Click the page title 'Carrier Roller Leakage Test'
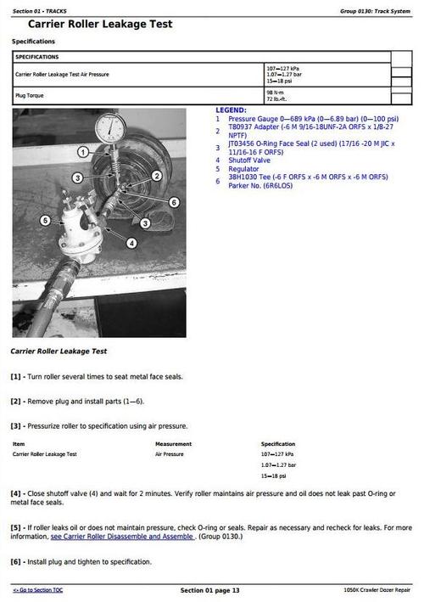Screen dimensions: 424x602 pos(99,25)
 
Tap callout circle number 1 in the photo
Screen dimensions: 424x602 pos(83,152)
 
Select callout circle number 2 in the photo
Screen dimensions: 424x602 pos(157,175)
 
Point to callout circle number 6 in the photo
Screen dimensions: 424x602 pos(174,202)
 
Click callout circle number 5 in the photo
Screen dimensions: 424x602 pos(45,221)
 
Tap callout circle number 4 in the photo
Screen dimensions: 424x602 pos(131,243)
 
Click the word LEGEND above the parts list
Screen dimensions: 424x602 pos(231,110)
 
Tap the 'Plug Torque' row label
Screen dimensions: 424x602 pos(31,95)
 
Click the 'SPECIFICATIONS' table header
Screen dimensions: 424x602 pos(37,57)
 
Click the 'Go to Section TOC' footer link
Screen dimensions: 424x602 pos(38,590)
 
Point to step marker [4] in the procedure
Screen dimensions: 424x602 pos(16,493)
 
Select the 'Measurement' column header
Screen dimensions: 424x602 pos(173,444)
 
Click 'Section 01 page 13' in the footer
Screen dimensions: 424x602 pos(210,590)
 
